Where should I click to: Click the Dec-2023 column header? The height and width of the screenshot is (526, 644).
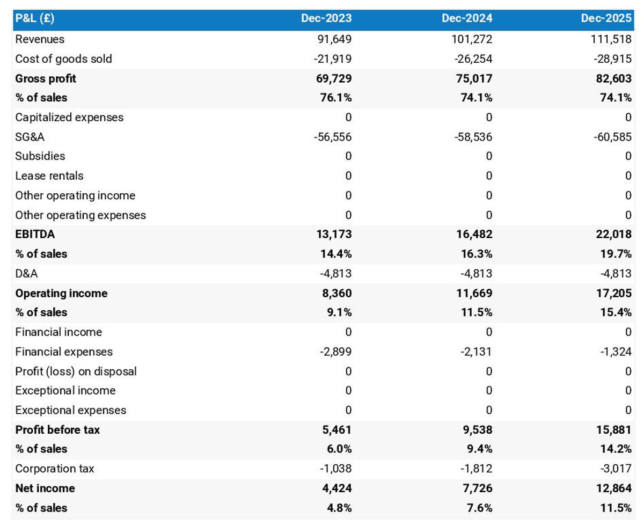pyautogui.click(x=326, y=18)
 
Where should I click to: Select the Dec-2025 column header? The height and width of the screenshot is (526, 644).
pyautogui.click(x=606, y=18)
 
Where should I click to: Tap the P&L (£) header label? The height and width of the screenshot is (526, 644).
pyautogui.click(x=35, y=18)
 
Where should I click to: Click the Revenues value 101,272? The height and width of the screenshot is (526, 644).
pyautogui.click(x=471, y=39)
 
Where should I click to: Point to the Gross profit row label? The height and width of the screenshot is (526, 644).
pyautogui.click(x=46, y=78)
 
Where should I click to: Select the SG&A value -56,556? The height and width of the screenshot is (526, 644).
pyautogui.click(x=333, y=137)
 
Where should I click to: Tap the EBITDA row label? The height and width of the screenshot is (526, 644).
pyautogui.click(x=35, y=235)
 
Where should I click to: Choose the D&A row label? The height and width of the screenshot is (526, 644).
pyautogui.click(x=26, y=274)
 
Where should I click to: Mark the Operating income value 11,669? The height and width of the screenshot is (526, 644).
pyautogui.click(x=474, y=293)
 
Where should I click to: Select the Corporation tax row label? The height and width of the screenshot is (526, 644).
pyautogui.click(x=55, y=469)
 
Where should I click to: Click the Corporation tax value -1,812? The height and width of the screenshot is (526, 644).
pyautogui.click(x=476, y=469)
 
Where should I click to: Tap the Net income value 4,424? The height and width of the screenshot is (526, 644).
pyautogui.click(x=337, y=488)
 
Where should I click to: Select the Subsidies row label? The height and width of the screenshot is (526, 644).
pyautogui.click(x=40, y=156)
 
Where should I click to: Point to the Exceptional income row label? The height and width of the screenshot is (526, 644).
pyautogui.click(x=65, y=391)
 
